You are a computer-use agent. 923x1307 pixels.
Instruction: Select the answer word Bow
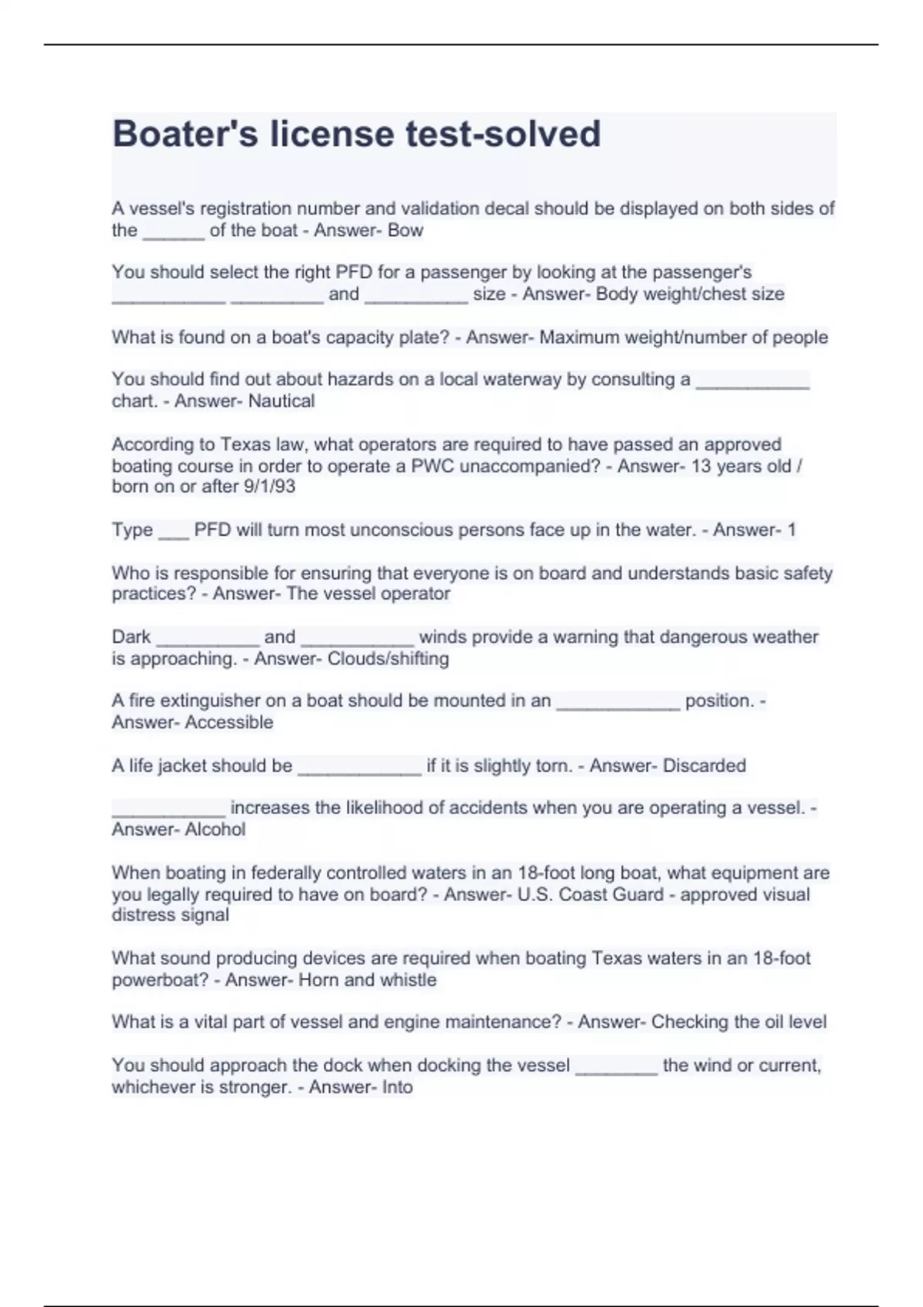405,231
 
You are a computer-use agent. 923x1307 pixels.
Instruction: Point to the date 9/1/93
269,487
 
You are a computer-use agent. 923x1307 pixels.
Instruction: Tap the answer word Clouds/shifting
388,659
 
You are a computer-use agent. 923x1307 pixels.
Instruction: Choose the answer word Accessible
229,723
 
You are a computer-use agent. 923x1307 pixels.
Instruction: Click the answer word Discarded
704,766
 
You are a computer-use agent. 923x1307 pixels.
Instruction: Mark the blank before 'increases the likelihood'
168,813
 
